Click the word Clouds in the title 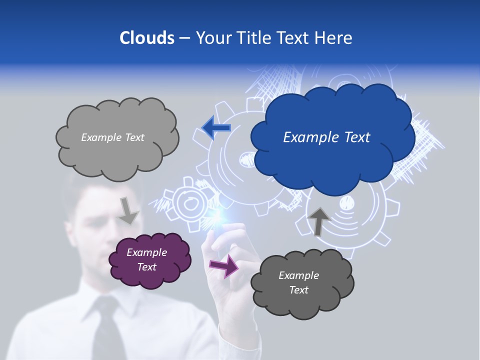[147, 38]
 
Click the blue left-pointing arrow [216, 128]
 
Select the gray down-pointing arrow [128, 210]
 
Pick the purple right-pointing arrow [224, 265]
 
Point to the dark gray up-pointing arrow [318, 220]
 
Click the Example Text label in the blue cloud [326, 137]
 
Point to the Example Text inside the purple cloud [147, 259]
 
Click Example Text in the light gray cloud [112, 137]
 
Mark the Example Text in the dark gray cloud [298, 282]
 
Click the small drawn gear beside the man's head [188, 202]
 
